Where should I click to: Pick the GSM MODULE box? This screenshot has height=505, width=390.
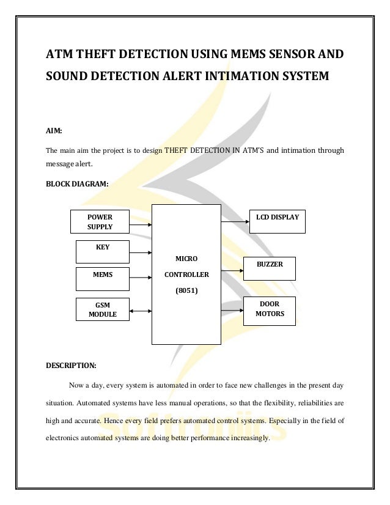102,309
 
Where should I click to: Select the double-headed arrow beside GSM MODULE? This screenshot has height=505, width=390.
141,311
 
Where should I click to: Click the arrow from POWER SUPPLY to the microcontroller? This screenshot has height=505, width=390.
141,224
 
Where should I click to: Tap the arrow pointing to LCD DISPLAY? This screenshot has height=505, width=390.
234,222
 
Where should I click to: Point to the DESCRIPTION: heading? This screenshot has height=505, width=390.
72,366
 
